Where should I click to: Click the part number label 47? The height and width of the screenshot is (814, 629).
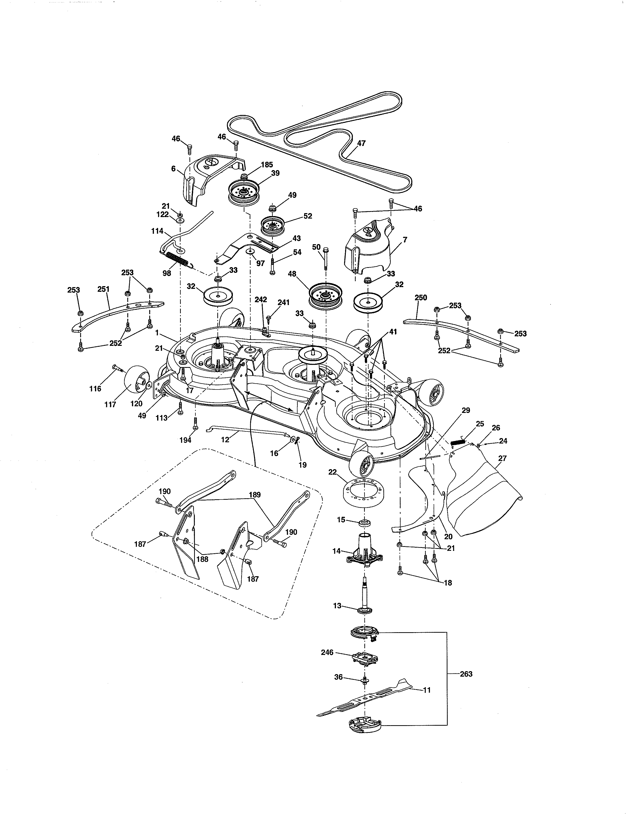click(361, 143)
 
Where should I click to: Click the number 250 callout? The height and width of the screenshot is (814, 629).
click(421, 297)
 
